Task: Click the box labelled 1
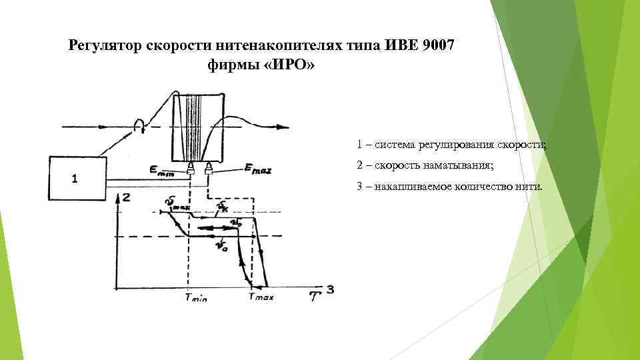point(77,177)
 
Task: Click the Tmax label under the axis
point(261,297)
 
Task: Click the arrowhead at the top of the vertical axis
point(117,197)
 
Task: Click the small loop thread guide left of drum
point(139,125)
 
